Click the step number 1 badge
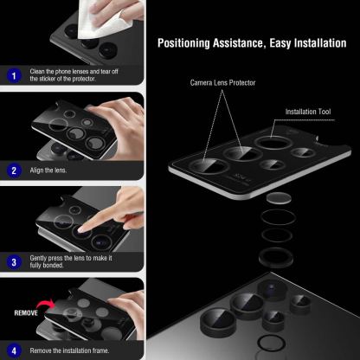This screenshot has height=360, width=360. tap(12, 75)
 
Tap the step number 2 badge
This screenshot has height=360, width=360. tap(12, 170)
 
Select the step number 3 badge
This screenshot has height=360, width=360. tap(12, 260)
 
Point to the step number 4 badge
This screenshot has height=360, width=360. tap(12, 350)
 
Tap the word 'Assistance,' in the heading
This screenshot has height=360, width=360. tap(236, 42)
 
